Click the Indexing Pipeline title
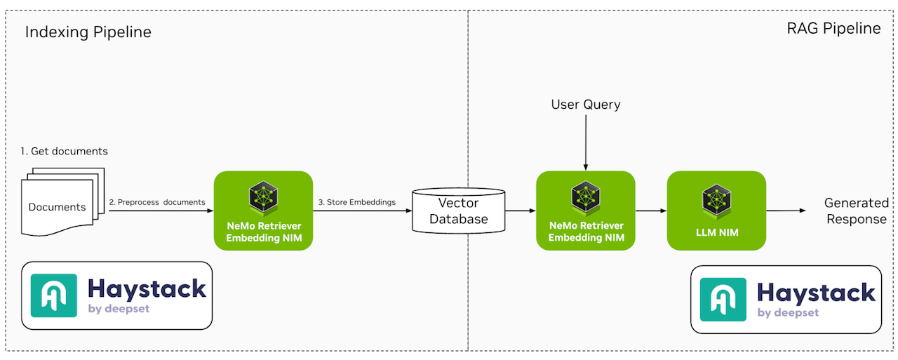point(88,32)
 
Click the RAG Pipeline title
point(833,29)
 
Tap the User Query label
point(585,105)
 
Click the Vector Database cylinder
point(458,211)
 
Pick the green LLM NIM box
point(716,211)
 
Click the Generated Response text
point(856,211)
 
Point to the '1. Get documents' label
point(65,152)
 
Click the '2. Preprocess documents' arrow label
point(157,202)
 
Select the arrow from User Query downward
point(585,143)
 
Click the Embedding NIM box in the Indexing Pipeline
point(263,211)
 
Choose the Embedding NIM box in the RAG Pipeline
point(585,211)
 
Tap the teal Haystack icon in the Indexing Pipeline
point(54,295)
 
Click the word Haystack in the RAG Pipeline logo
point(816,293)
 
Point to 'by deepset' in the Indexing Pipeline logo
point(119,309)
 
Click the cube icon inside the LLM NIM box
point(716,199)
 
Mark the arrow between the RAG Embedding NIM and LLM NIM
point(650,211)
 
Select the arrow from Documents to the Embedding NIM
point(160,211)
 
